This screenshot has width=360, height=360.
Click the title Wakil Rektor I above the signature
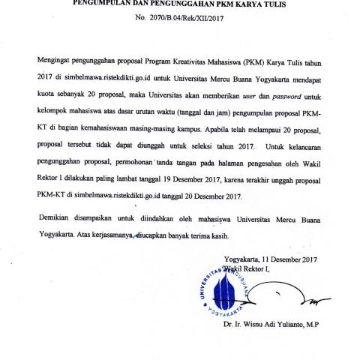click(250, 269)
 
